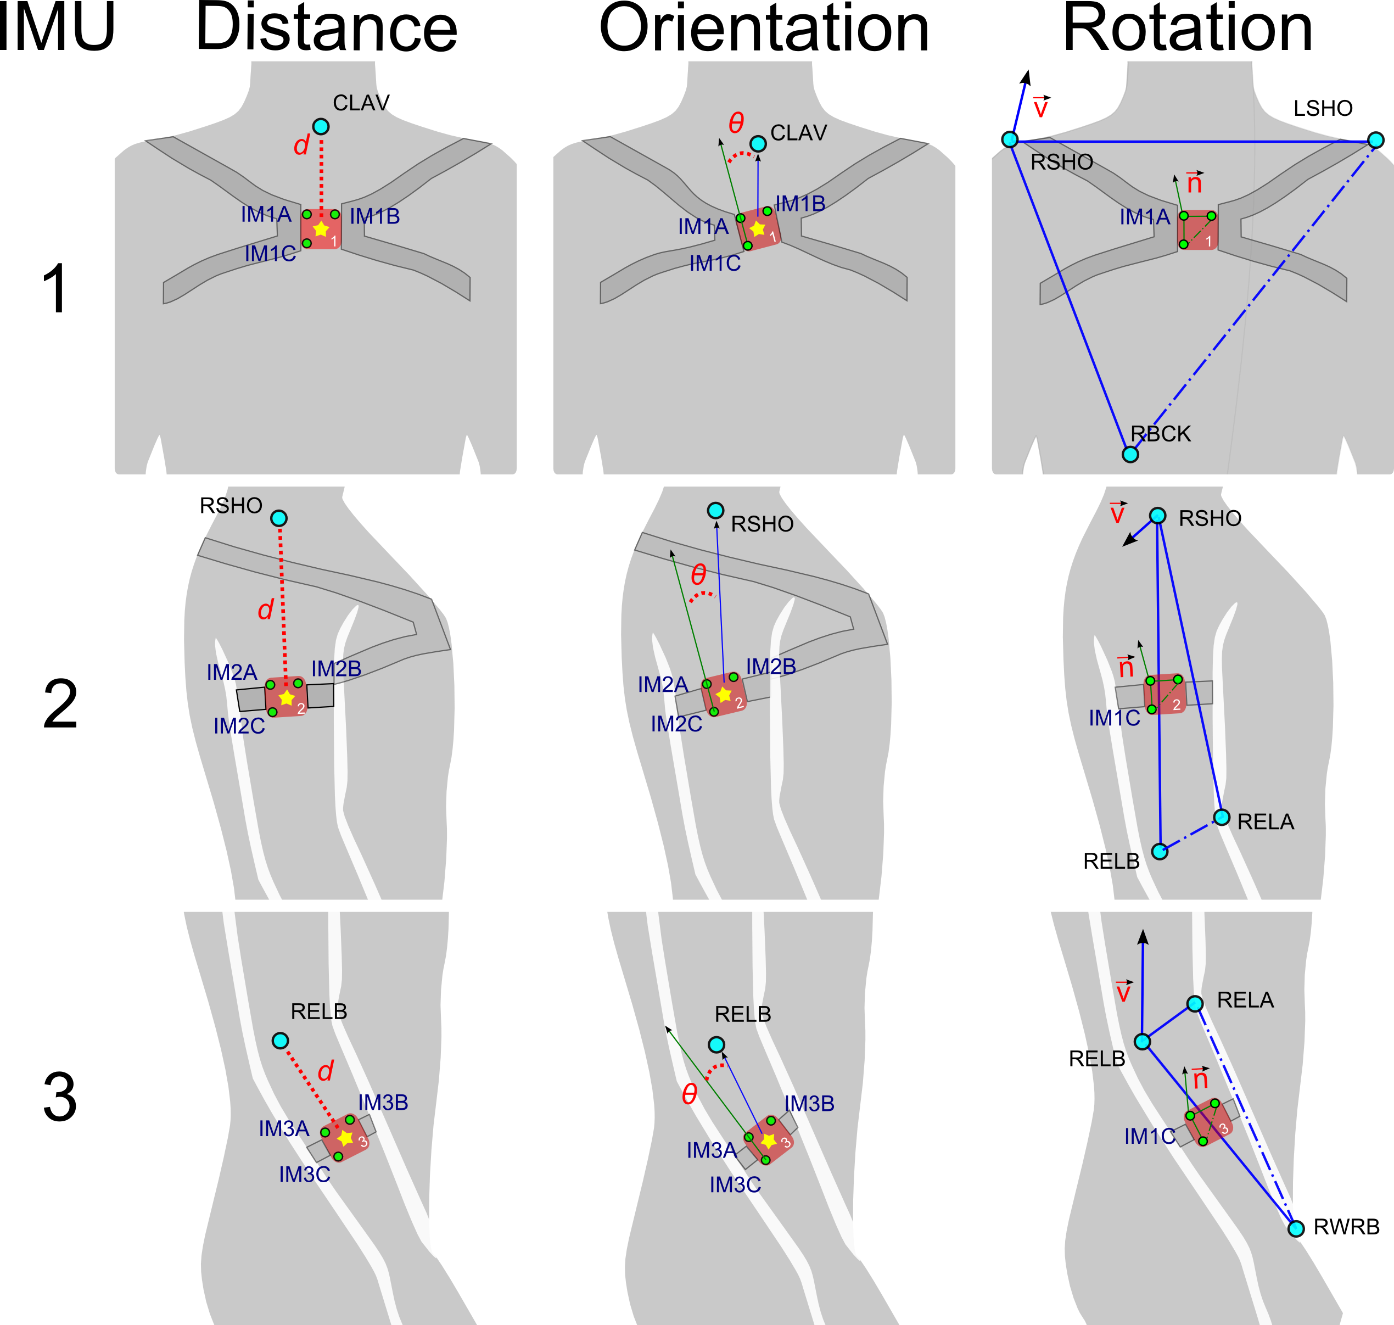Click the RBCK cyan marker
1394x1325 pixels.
(1130, 454)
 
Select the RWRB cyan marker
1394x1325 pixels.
(1296, 1229)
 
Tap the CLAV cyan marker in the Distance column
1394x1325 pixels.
(321, 126)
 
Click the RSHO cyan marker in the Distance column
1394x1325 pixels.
(279, 518)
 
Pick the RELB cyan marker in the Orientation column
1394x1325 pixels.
(716, 1044)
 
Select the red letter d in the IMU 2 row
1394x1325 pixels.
(266, 609)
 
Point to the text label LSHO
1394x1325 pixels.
(1323, 108)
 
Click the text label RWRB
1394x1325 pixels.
(1346, 1227)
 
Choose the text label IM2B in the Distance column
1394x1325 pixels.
(336, 668)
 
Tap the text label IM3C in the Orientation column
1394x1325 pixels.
(735, 1184)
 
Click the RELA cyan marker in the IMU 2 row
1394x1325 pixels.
(1222, 817)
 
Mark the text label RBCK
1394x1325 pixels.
(1160, 434)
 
